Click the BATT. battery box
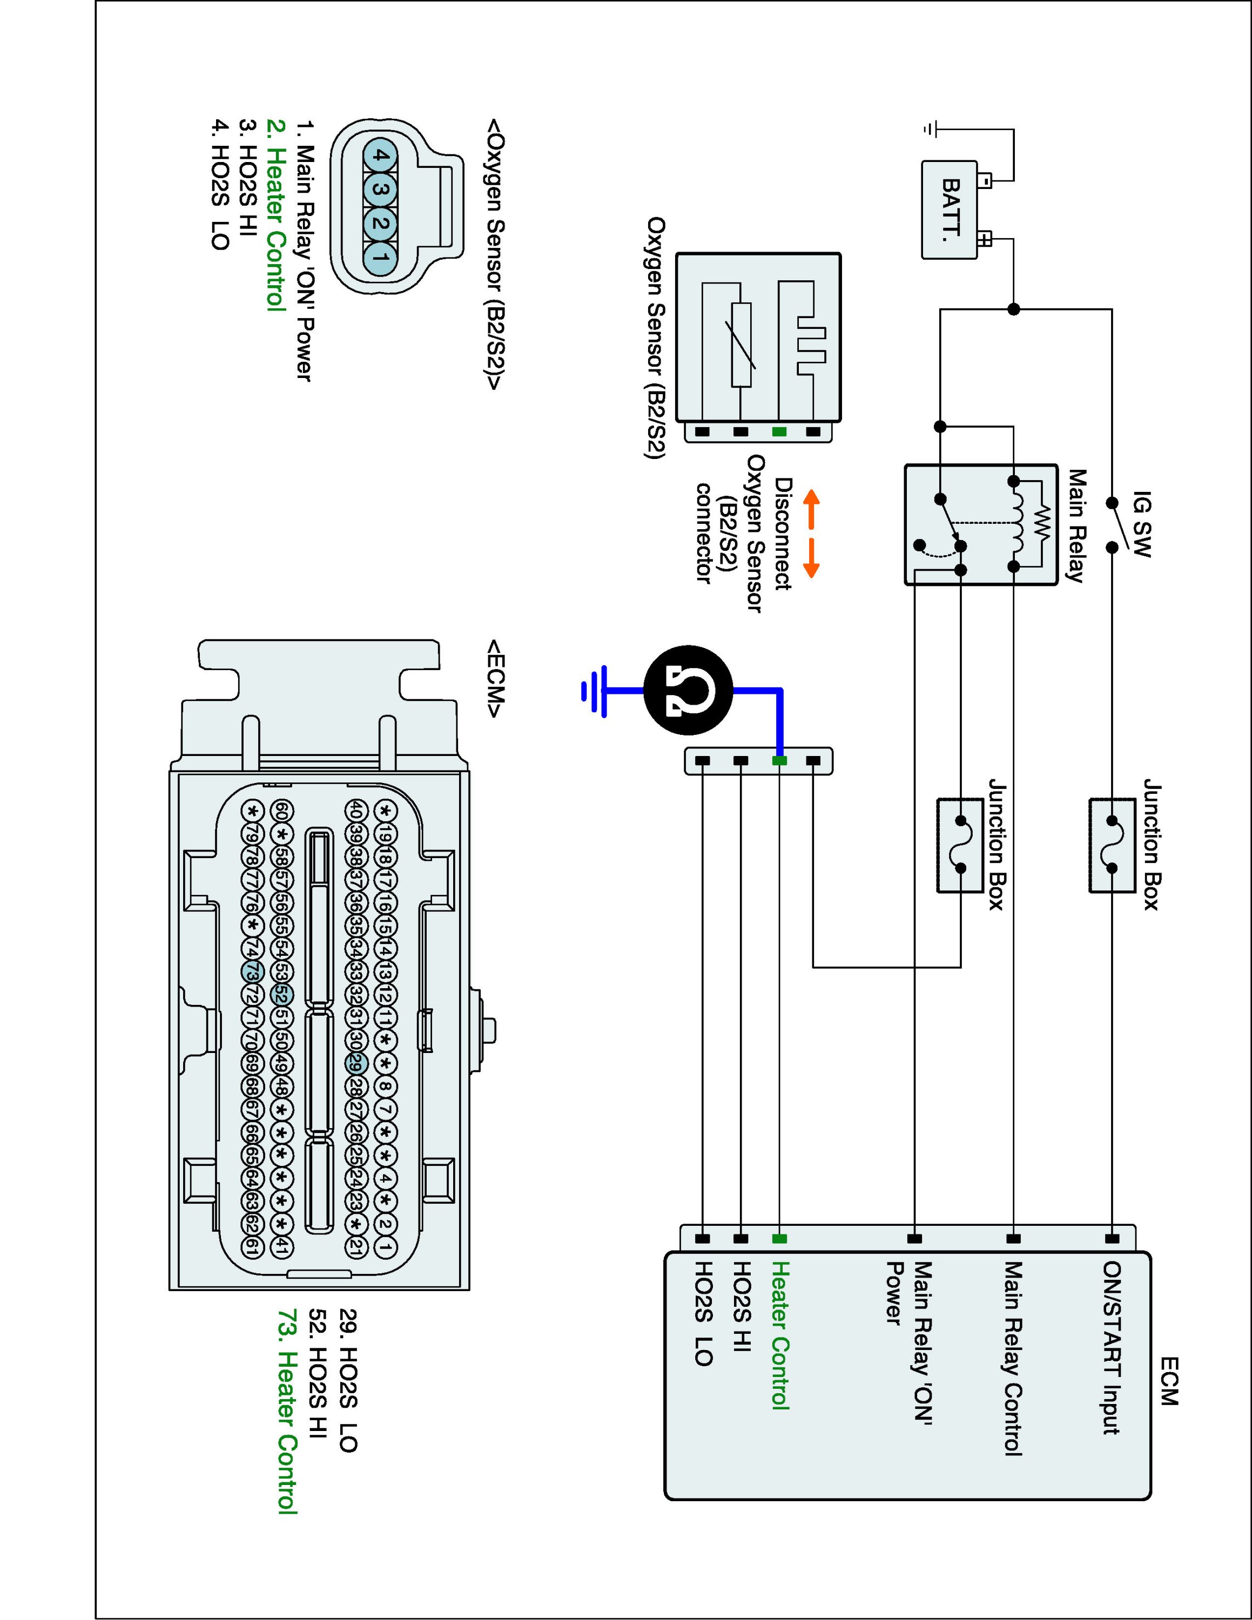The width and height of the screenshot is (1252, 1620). point(950,210)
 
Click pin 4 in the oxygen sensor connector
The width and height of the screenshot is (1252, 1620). point(380,157)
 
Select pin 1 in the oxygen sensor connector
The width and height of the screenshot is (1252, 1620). point(380,259)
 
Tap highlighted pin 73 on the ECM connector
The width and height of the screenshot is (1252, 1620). point(252,971)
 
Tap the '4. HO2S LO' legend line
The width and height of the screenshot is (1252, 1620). point(219,185)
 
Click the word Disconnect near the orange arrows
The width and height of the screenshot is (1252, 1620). point(783,534)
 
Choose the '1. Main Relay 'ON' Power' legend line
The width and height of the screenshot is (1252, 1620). point(304,252)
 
